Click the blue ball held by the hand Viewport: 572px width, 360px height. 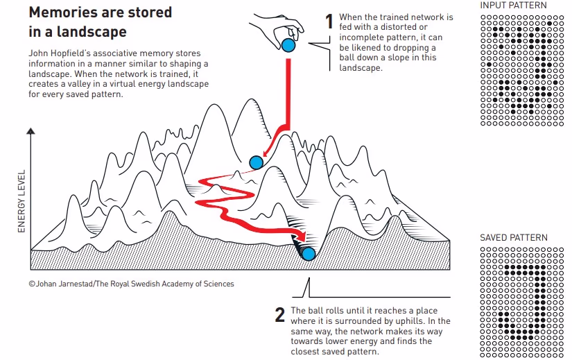coord(288,46)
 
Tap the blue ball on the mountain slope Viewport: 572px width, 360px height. coord(257,163)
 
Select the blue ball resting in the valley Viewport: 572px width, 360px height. coord(309,254)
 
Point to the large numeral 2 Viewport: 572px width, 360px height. coord(280,316)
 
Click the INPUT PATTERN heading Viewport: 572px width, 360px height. coord(513,6)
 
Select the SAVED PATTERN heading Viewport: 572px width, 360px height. coord(514,238)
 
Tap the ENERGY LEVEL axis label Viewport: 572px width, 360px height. coord(21,200)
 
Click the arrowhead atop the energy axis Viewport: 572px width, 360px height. coord(29,131)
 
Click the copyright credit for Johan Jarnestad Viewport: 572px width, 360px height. coord(132,284)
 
